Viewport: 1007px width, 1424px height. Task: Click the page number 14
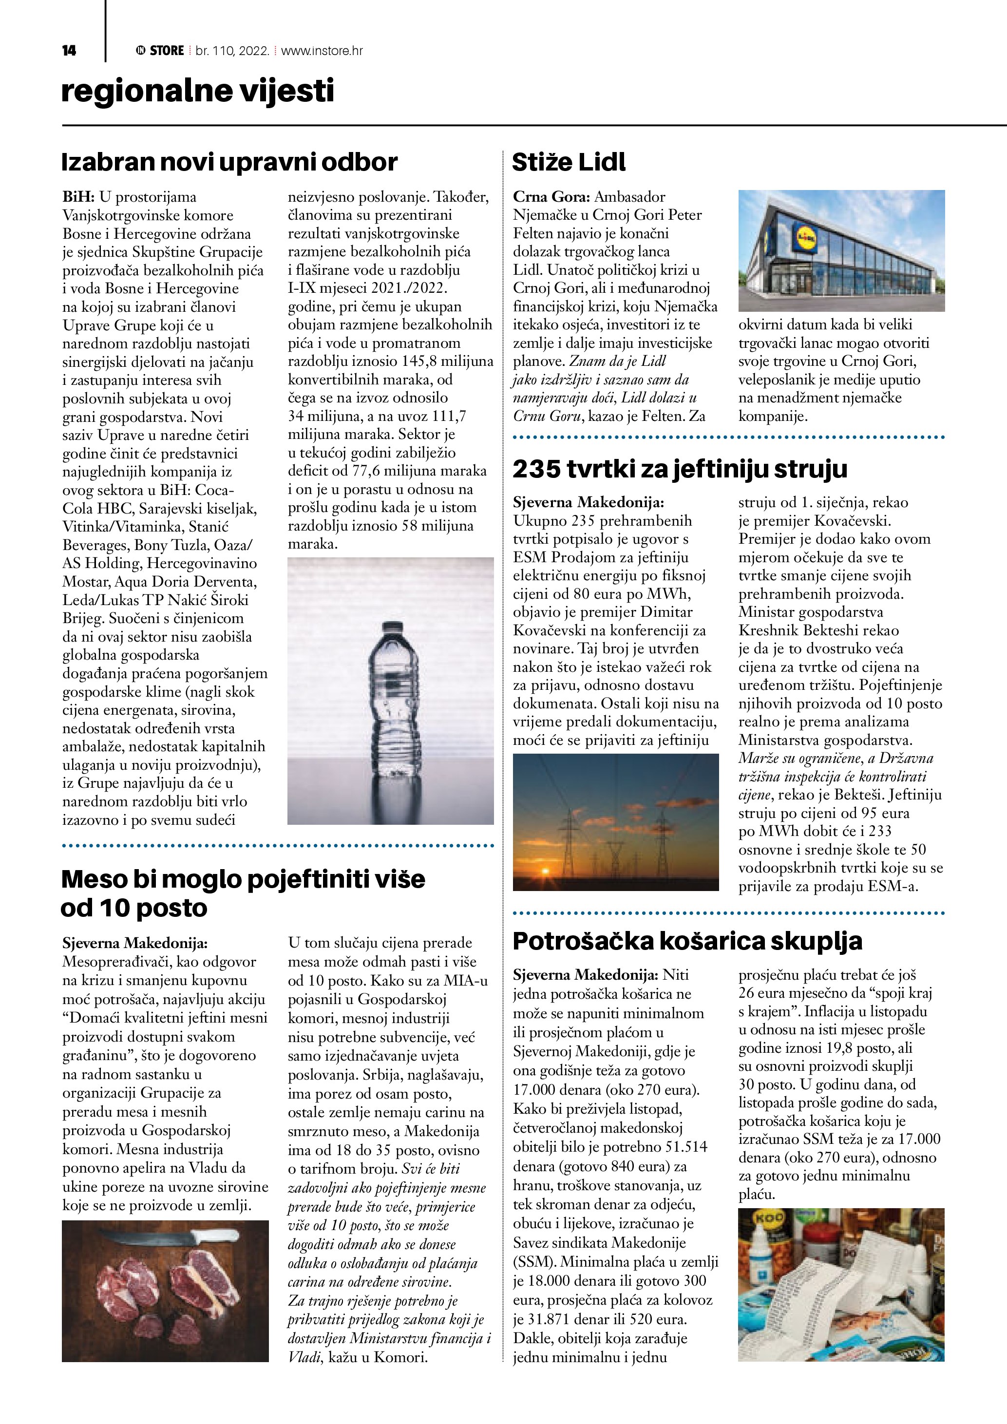[x=69, y=51]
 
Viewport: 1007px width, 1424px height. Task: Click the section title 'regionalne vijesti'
[x=197, y=91]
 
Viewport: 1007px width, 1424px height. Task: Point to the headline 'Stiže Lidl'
[x=569, y=163]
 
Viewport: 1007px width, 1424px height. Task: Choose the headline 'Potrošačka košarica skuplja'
[x=687, y=941]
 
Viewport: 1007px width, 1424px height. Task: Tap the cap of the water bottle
[x=391, y=627]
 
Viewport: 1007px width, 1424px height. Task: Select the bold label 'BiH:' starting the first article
[x=78, y=197]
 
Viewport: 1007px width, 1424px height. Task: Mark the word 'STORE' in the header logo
[x=167, y=51]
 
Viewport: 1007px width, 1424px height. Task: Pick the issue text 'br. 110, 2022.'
[x=232, y=51]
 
